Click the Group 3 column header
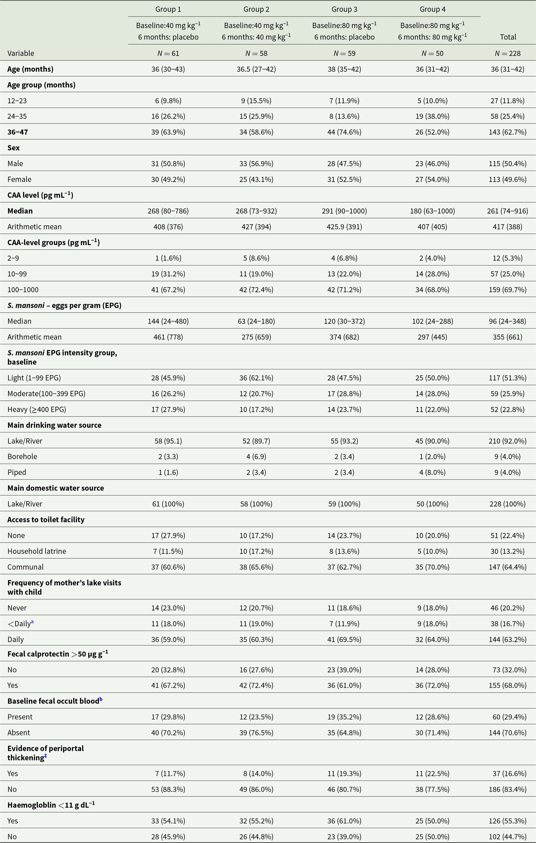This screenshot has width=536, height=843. tap(344, 10)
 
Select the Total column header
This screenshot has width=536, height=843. tap(508, 37)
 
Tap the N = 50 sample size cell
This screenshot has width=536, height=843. tap(432, 53)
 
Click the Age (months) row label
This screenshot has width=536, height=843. tap(31, 69)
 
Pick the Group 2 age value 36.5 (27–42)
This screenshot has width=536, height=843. tap(256, 69)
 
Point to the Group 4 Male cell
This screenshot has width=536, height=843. tap(432, 163)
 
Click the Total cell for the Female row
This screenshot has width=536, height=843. tap(508, 179)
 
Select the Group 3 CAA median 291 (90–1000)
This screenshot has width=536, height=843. tap(344, 211)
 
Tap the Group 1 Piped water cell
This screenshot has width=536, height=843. tap(168, 472)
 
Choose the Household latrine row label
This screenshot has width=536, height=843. tap(37, 551)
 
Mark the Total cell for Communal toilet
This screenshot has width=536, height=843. tap(508, 567)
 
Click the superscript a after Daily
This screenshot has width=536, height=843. tap(32, 621)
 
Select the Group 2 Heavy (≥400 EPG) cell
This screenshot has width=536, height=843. tap(256, 409)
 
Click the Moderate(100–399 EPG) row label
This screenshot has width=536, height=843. tap(46, 393)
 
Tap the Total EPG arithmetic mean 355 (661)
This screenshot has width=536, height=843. tap(508, 337)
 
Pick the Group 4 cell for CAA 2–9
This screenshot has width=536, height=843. tap(432, 258)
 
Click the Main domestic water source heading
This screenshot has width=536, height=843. tap(56, 488)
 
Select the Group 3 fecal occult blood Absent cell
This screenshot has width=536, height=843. tap(344, 732)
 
